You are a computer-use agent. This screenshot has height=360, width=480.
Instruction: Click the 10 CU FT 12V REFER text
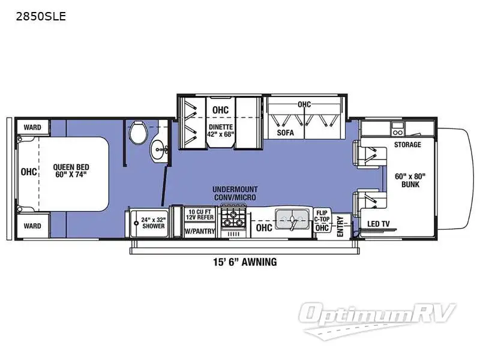(200, 214)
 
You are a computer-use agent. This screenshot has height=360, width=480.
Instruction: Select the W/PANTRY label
(200, 230)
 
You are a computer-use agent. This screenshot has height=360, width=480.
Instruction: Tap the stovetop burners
(233, 217)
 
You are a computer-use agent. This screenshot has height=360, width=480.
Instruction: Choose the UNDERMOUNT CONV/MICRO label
(235, 194)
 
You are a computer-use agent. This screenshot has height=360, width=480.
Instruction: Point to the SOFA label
(286, 133)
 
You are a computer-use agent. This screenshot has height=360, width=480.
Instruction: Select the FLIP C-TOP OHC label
(322, 220)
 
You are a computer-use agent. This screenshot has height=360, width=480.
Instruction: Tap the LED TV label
(378, 224)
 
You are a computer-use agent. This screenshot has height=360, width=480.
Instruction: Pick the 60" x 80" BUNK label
(410, 180)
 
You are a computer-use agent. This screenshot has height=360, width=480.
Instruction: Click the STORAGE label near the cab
(407, 145)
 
